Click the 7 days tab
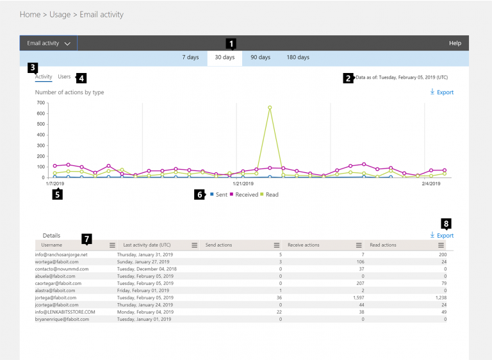point(190,58)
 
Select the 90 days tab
point(260,58)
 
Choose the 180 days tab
point(297,58)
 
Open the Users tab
point(64,77)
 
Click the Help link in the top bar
point(455,44)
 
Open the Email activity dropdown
point(48,44)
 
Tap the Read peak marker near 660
point(270,108)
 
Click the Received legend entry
point(246,194)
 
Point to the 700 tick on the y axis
point(40,102)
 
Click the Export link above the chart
point(442,93)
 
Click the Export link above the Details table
point(442,236)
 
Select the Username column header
point(53,245)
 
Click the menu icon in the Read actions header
point(441,245)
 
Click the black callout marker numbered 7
point(86,239)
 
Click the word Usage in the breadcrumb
point(60,14)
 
